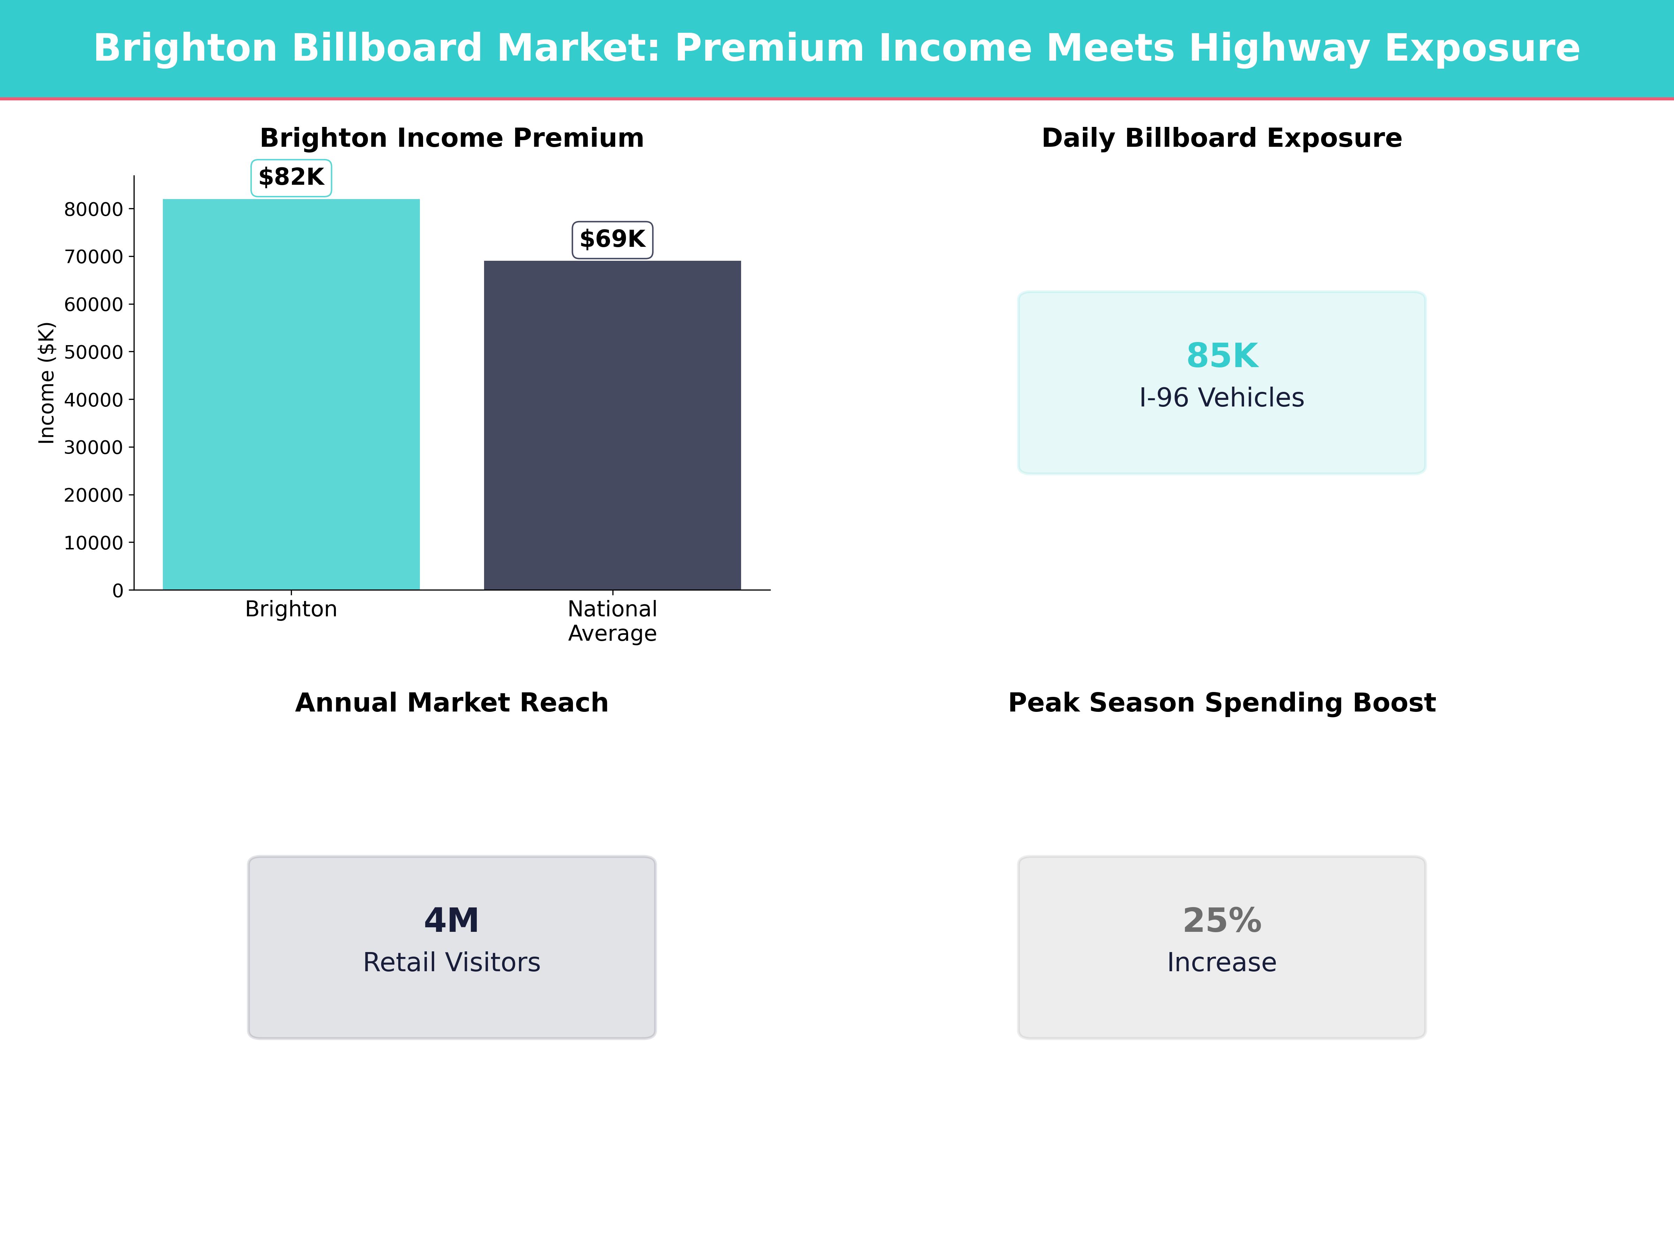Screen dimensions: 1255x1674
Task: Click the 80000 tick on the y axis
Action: pos(93,210)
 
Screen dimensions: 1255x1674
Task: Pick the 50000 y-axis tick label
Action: pos(93,352)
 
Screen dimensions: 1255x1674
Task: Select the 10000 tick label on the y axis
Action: pos(93,543)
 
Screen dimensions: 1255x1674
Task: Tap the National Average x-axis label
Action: pos(612,621)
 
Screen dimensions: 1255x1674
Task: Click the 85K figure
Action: pos(1221,356)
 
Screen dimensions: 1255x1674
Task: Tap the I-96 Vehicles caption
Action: pos(1221,398)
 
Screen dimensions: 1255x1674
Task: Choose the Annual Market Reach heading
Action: pos(452,703)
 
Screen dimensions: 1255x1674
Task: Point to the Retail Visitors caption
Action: pos(452,962)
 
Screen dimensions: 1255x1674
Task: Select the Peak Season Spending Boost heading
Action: pos(1221,703)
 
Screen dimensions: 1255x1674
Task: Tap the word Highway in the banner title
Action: pos(1279,48)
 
